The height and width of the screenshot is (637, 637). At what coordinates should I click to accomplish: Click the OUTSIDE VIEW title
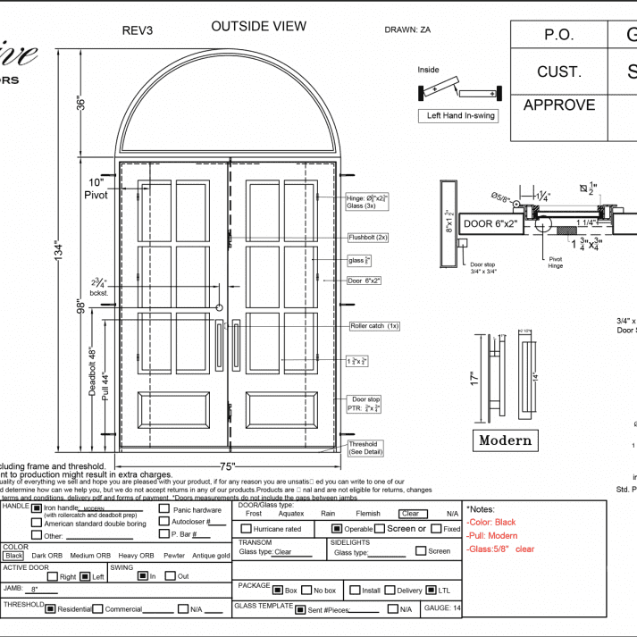pos(258,27)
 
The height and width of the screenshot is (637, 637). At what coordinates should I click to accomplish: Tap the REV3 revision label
pos(137,30)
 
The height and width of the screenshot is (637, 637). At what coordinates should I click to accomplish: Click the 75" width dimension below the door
pos(227,466)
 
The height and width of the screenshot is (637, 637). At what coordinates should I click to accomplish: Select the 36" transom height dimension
pos(80,103)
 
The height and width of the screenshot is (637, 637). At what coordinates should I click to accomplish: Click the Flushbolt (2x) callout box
pos(368,238)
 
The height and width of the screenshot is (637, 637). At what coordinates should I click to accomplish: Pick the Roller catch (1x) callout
pos(374,326)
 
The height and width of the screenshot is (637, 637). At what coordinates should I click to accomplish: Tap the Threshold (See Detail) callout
pos(363,448)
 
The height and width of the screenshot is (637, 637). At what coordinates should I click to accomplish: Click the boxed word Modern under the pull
pos(505,440)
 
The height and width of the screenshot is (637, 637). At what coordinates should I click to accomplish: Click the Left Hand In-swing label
pos(460,115)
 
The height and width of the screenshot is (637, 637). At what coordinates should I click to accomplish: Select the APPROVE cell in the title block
pos(558,105)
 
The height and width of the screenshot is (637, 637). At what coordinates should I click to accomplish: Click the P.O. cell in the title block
pos(558,35)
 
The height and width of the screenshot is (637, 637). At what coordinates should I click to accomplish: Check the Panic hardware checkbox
pos(164,509)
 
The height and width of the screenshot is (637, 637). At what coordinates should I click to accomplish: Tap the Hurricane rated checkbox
pos(247,529)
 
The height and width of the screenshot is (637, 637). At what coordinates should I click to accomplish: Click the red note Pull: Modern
pos(492,535)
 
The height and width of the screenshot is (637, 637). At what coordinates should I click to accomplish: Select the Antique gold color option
pos(211,556)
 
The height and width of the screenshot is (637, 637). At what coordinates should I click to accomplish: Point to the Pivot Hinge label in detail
pos(555,263)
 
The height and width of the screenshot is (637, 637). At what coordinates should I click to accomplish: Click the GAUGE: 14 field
pos(442,608)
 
